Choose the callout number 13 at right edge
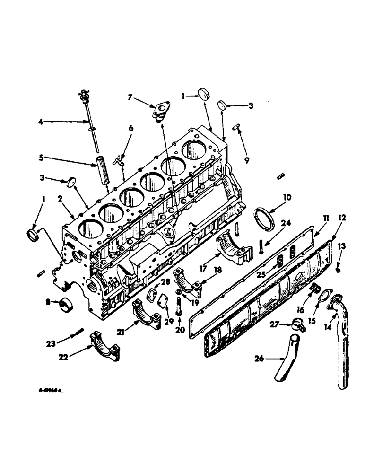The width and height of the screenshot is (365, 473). [x=342, y=245]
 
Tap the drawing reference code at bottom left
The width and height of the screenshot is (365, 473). [x=51, y=392]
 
